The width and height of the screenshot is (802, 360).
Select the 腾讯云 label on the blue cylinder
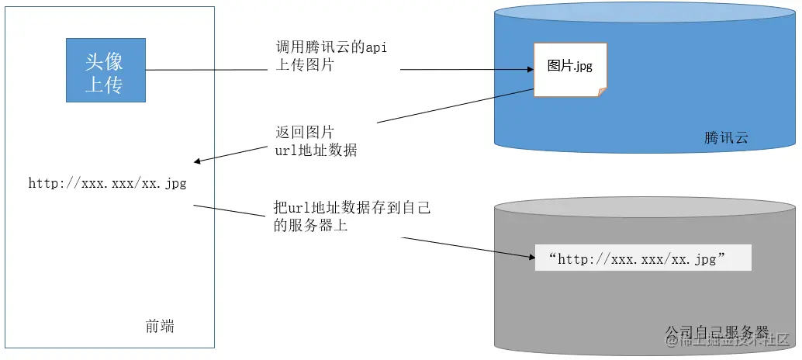726,138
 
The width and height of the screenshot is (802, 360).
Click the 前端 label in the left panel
160,327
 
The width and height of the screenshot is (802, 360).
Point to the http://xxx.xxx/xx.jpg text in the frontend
107,184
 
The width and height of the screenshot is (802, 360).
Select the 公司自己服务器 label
717,331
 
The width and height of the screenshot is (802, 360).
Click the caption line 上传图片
305,66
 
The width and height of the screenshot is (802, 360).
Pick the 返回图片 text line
305,131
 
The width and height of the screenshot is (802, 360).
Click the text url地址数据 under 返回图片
316,150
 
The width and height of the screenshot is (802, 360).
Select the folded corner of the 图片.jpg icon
601,92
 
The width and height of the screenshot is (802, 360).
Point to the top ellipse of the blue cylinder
645,13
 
